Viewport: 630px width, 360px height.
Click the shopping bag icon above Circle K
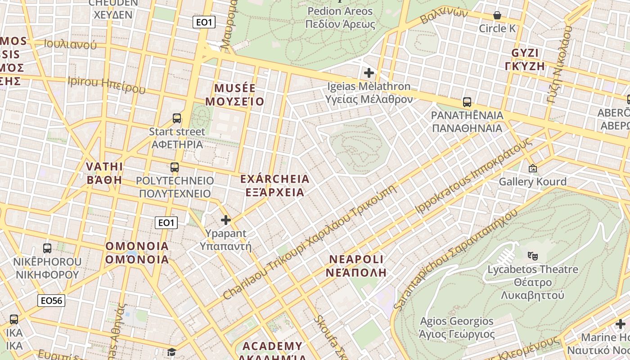tap(497, 16)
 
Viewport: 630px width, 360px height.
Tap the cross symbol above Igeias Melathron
tap(369, 72)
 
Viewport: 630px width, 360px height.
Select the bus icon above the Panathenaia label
tap(467, 102)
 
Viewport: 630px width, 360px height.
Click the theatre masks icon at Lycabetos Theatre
tap(533, 256)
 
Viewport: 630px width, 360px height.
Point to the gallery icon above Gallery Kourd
tap(533, 168)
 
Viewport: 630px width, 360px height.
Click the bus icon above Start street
tap(177, 118)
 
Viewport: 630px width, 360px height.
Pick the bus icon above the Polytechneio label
tap(175, 167)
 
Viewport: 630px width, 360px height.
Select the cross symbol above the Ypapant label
tap(226, 220)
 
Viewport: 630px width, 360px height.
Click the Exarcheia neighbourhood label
tap(274, 185)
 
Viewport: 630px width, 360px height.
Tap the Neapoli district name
tap(356, 265)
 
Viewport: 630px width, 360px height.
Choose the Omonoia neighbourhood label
tap(137, 252)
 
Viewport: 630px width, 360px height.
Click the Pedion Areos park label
tap(340, 17)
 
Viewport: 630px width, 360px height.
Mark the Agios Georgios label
tap(457, 328)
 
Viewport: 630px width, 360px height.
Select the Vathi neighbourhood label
tap(104, 173)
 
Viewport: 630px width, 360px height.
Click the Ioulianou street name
tap(70, 44)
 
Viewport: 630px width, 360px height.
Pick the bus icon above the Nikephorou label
tap(47, 248)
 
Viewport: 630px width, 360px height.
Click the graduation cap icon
tap(171, 351)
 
